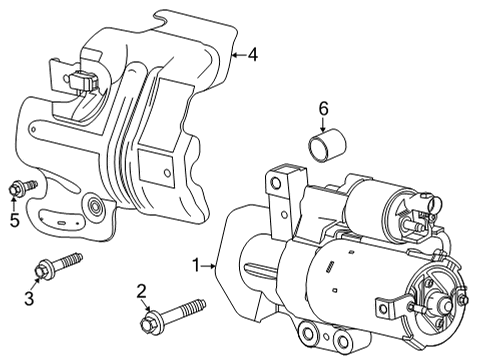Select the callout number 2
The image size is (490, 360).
[142, 291]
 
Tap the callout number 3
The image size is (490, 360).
[30, 299]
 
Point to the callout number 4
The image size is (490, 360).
[253, 55]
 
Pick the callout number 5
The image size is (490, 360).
[14, 220]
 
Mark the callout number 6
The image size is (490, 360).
[323, 107]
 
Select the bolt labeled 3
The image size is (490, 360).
[56, 265]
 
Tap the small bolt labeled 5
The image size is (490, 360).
[20, 186]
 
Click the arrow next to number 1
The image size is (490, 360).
[213, 265]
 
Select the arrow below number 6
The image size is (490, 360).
[323, 127]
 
